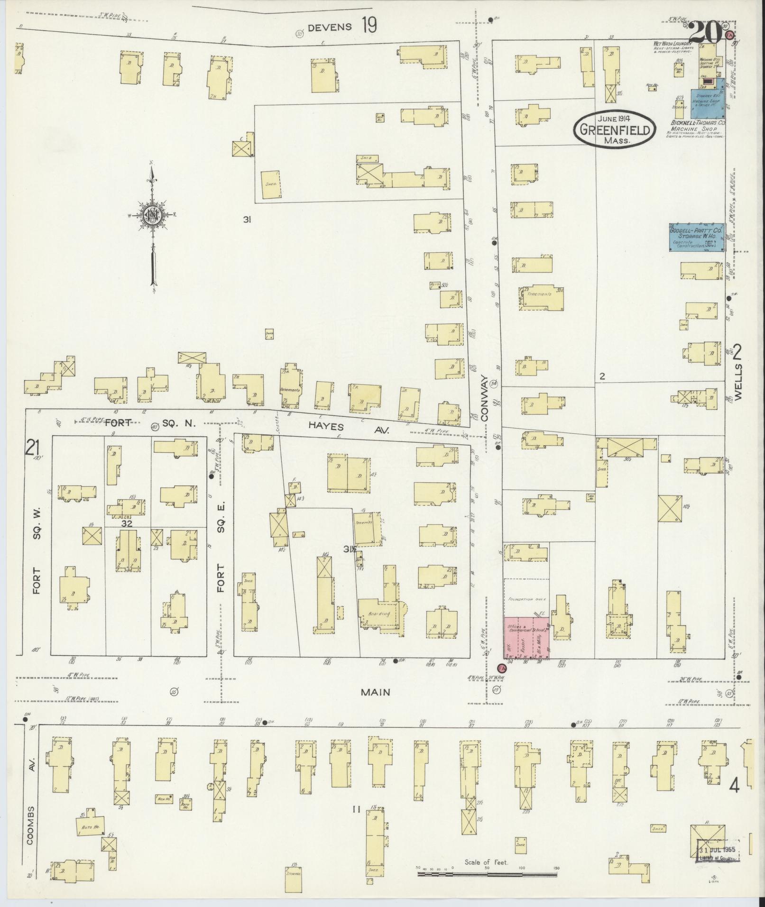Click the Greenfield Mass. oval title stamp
point(615,129)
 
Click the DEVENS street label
point(330,27)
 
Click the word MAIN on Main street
point(375,692)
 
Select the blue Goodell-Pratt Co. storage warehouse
point(696,237)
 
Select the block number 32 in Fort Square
point(127,523)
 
